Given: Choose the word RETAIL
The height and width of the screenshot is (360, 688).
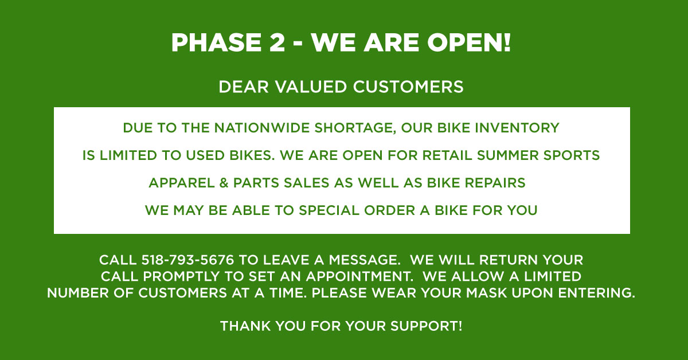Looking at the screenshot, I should (x=452, y=155).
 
